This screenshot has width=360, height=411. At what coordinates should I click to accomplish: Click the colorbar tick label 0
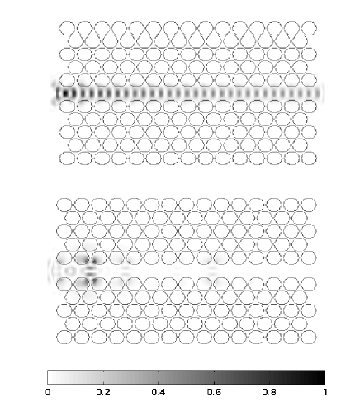click(x=48, y=392)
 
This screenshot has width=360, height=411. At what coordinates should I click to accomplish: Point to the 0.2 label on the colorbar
click(x=103, y=392)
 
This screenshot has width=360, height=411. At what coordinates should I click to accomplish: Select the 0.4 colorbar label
click(x=159, y=392)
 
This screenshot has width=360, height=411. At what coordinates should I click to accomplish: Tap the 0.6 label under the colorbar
click(x=214, y=392)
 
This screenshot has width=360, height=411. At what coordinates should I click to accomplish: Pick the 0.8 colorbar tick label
click(x=269, y=392)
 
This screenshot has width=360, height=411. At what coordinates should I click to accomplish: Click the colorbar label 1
click(x=325, y=392)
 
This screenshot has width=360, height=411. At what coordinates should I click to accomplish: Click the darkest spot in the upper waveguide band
click(x=65, y=93)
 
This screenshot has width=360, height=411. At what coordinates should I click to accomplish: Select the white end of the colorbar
click(x=52, y=377)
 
